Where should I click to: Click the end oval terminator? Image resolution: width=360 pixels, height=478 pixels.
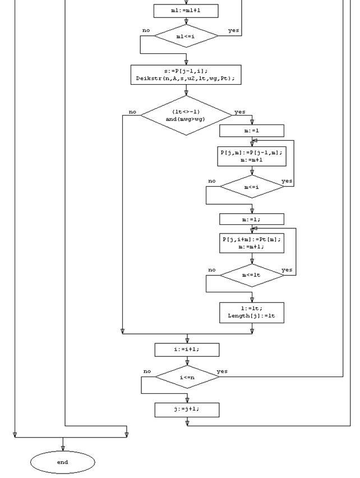[x=63, y=462]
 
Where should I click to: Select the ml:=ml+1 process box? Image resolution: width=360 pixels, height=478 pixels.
[x=186, y=11]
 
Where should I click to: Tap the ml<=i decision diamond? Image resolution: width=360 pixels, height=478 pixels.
[x=186, y=36]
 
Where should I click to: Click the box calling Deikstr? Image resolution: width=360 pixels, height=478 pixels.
[x=186, y=75]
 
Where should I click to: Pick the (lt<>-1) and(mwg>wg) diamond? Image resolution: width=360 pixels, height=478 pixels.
[x=186, y=115]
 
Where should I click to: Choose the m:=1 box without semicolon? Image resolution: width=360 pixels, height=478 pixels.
[x=252, y=131]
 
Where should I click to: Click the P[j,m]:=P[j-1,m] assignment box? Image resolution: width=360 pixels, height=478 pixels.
[x=252, y=156]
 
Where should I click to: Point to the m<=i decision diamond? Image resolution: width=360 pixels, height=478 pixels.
[x=252, y=187]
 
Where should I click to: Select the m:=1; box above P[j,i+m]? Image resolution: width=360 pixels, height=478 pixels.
[x=252, y=219]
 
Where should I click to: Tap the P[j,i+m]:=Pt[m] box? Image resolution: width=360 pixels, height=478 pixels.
[x=252, y=243]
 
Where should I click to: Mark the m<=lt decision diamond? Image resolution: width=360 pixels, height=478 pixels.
[x=252, y=275]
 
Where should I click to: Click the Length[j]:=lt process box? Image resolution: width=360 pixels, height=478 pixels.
[x=252, y=312]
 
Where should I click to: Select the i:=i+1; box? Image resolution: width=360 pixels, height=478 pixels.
[x=187, y=350]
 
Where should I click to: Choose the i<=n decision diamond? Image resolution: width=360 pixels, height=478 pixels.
[x=187, y=377]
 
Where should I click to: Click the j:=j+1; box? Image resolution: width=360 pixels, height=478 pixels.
[x=187, y=410]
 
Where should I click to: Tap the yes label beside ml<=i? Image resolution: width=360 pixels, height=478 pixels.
[x=234, y=30]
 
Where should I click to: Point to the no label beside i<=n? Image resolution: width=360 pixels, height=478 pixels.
[x=147, y=371]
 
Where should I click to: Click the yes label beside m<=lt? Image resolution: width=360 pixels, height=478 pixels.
[x=287, y=270]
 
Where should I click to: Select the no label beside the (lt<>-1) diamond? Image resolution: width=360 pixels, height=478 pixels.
[x=132, y=112]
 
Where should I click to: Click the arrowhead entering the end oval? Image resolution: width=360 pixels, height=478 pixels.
[x=63, y=448]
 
